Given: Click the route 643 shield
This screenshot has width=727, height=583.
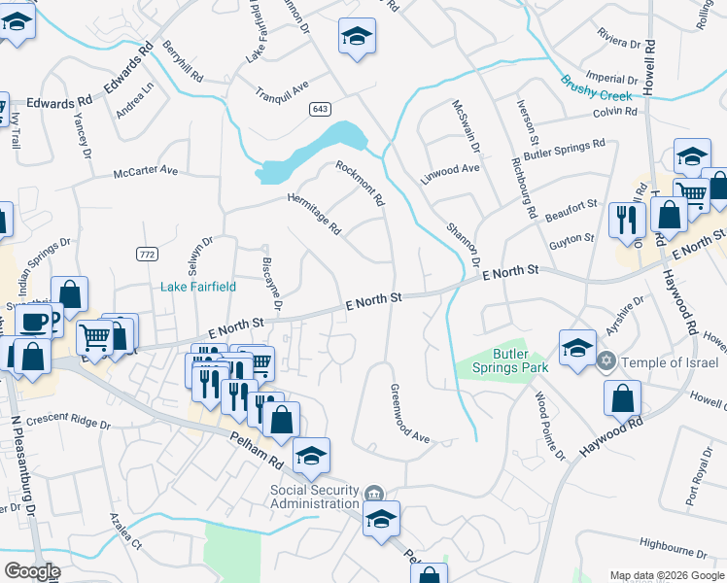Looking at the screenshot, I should [x=320, y=108].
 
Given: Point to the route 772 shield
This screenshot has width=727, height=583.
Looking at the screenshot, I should [x=147, y=254].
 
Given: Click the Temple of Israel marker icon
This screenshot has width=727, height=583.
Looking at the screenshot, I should [x=607, y=360].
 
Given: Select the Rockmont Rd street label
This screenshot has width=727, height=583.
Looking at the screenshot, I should [x=361, y=184].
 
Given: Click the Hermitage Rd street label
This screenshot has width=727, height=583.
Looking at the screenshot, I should [x=314, y=214].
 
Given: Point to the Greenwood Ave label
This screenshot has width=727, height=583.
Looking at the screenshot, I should [x=409, y=412].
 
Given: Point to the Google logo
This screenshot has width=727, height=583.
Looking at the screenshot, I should [x=32, y=570].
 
